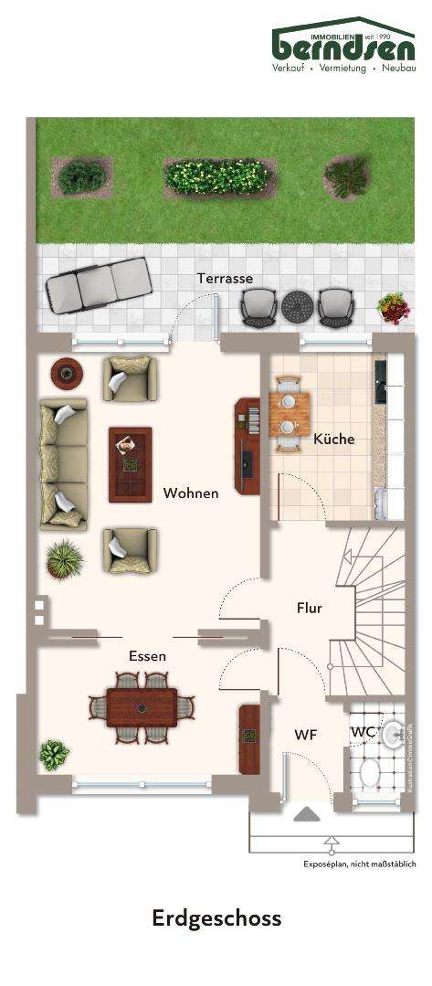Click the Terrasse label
[225, 278]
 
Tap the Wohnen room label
[191, 493]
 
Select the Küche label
[333, 439]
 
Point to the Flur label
[310, 608]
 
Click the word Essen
[147, 655]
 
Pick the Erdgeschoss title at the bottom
[216, 918]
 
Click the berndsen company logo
[343, 46]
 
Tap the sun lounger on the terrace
[100, 284]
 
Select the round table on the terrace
[297, 305]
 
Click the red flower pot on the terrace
[394, 308]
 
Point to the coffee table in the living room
[130, 464]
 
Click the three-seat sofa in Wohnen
[63, 463]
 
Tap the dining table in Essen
[142, 706]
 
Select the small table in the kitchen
[290, 413]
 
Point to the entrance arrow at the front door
[306, 814]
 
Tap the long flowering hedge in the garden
[219, 176]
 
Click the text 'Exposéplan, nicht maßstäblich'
[359, 864]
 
